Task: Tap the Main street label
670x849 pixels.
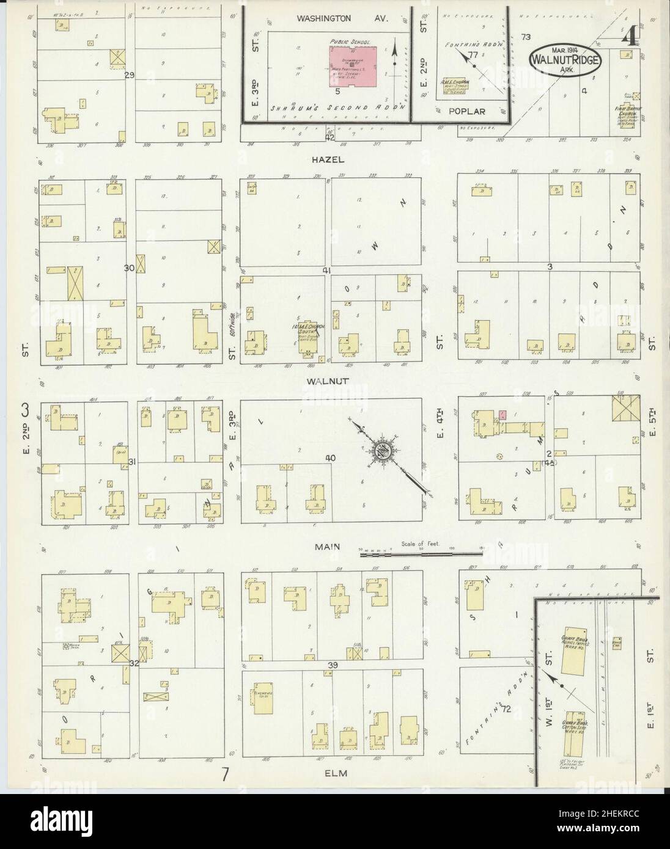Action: point(328,548)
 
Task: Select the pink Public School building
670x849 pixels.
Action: point(353,67)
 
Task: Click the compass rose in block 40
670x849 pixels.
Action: point(384,451)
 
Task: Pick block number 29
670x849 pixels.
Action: point(128,75)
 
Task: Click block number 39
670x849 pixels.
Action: point(333,665)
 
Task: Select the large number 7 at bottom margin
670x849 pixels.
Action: point(225,775)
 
